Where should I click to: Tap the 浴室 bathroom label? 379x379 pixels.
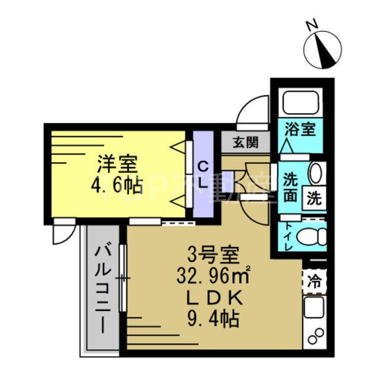pyautogui.click(x=300, y=129)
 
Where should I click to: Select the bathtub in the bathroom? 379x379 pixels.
pyautogui.click(x=301, y=102)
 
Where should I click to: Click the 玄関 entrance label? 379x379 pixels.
pyautogui.click(x=245, y=142)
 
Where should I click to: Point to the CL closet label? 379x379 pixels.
pyautogui.click(x=203, y=175)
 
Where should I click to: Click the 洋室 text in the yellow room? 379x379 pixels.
pyautogui.click(x=117, y=163)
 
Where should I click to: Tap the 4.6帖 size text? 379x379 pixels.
pyautogui.click(x=117, y=185)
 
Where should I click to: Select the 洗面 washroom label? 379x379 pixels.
pyautogui.click(x=290, y=187)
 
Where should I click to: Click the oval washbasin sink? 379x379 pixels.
pyautogui.click(x=316, y=173)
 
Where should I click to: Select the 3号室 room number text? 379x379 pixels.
pyautogui.click(x=213, y=256)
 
